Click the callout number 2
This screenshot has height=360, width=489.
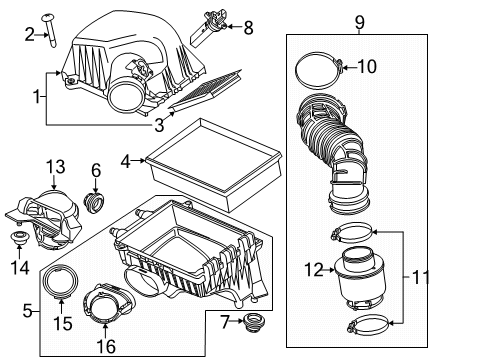(29, 35)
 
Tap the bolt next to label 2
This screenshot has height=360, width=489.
(50, 28)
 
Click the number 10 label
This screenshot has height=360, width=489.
(366, 68)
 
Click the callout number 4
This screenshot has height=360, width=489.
(125, 159)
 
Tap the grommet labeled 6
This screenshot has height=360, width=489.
(96, 202)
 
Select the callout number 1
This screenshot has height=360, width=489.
(37, 98)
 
